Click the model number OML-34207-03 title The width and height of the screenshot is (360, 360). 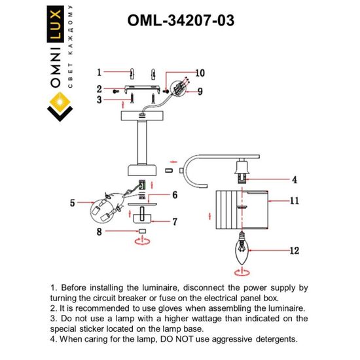click(179, 20)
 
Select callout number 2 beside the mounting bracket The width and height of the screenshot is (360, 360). click(98, 88)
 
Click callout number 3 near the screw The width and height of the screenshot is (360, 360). click(98, 99)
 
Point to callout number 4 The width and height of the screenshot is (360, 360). click(294, 179)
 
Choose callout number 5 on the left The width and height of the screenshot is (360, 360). click(73, 203)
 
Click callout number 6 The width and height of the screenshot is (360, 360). click(175, 194)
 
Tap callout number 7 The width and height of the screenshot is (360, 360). click(175, 222)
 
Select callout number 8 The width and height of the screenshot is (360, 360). click(99, 231)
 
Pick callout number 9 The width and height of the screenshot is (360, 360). click(201, 91)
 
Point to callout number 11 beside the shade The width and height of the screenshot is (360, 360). click(294, 201)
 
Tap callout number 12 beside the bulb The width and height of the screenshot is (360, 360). click(294, 250)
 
